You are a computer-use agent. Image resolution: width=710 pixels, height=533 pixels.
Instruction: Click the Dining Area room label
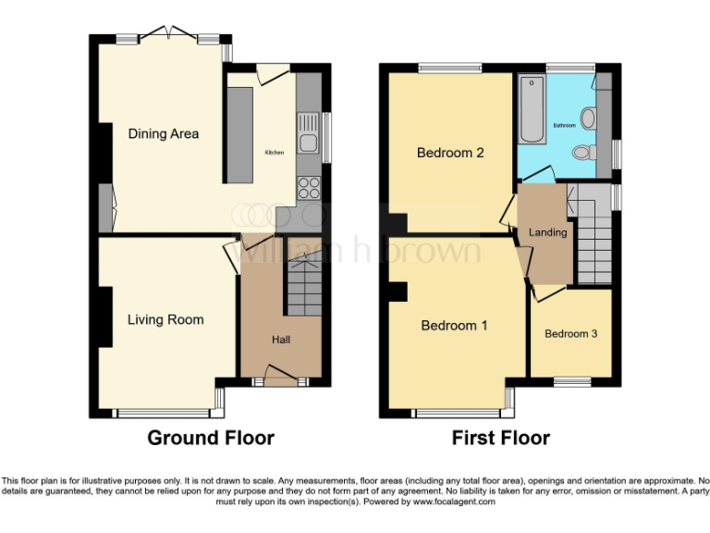click(163, 134)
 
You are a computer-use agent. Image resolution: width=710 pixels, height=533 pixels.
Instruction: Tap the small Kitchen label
click(275, 153)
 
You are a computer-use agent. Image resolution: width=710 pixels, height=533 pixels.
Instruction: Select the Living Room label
click(165, 320)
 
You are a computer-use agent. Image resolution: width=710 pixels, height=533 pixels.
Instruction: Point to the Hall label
click(281, 341)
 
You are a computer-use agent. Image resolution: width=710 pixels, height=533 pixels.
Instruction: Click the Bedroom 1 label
click(454, 326)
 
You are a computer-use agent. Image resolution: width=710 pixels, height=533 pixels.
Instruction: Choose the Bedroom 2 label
click(450, 153)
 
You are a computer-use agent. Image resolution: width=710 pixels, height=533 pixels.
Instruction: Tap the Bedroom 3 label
click(570, 334)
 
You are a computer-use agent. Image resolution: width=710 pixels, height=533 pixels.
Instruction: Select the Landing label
click(547, 232)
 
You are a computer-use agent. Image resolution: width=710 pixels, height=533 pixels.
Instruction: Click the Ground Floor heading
click(211, 438)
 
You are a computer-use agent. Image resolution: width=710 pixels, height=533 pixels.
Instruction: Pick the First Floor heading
click(500, 438)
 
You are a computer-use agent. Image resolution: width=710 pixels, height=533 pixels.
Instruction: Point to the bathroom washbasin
click(589, 118)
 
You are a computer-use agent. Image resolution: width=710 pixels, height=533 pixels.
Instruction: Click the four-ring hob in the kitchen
click(308, 187)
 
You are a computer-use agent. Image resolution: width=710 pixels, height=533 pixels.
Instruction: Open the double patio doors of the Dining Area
click(169, 36)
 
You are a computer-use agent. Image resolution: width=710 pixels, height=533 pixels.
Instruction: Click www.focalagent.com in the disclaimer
click(454, 502)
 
